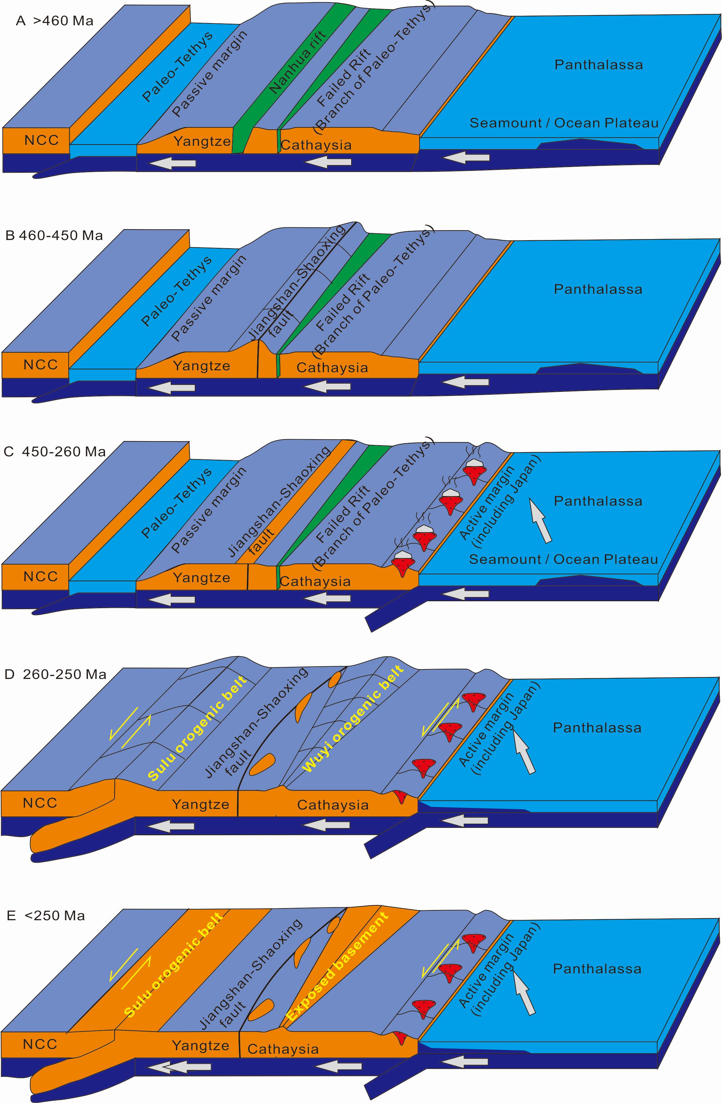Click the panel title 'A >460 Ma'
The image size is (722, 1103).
click(x=55, y=21)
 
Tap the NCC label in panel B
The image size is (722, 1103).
click(x=41, y=365)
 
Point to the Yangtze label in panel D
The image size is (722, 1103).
click(x=200, y=804)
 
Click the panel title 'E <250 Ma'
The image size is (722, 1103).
click(x=47, y=915)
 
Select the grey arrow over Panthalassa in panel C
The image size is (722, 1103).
click(x=541, y=520)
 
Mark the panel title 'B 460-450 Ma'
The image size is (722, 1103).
click(x=54, y=235)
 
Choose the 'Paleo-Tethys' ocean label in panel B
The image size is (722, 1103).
click(x=177, y=291)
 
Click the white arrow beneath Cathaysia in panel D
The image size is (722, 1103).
click(x=327, y=824)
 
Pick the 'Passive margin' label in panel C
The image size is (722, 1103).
click(x=209, y=509)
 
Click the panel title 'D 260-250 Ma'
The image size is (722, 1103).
click(x=55, y=674)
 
